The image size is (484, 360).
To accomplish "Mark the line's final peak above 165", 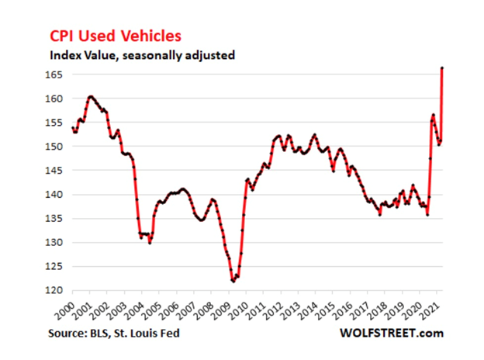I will click(x=442, y=68).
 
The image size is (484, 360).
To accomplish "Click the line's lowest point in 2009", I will click(x=233, y=281).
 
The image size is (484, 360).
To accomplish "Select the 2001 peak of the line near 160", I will click(x=91, y=97).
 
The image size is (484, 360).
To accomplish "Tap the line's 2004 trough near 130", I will click(x=150, y=242).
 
